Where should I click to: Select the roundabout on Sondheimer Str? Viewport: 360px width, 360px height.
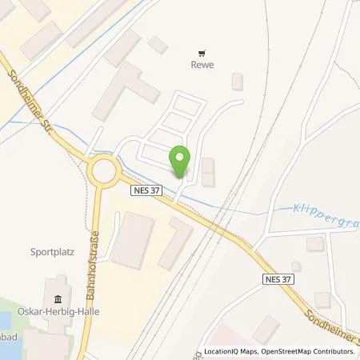pyautogui.click(x=102, y=170)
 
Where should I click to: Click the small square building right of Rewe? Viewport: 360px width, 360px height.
pyautogui.click(x=236, y=81)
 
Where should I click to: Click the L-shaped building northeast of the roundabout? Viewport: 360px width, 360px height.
pyautogui.click(x=123, y=90)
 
